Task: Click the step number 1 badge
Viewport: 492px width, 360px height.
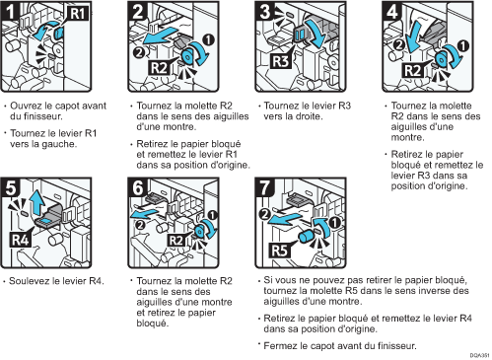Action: pos(10,11)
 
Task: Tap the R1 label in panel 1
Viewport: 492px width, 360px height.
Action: pos(78,14)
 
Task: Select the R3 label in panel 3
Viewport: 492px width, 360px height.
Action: pos(281,61)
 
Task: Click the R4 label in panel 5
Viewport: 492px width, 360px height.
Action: pos(21,240)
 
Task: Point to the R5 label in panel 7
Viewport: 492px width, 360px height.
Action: pos(280,251)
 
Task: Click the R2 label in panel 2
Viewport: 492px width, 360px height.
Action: pos(159,68)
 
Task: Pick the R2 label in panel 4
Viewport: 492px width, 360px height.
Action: pos(413,70)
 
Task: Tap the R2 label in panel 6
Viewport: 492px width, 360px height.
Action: pos(176,241)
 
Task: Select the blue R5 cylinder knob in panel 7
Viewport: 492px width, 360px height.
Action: pos(307,236)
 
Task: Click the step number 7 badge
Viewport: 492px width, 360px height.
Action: pos(264,187)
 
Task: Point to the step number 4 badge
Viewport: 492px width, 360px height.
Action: pos(391,11)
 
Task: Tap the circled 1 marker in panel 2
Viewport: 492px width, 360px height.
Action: pos(208,39)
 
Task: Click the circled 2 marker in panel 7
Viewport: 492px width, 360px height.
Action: pos(264,214)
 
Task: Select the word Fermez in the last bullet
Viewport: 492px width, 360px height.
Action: pos(280,346)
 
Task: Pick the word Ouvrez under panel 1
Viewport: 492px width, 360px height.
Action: pos(26,106)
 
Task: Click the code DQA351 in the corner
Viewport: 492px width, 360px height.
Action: pos(479,355)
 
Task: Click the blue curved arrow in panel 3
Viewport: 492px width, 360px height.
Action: pos(315,33)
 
